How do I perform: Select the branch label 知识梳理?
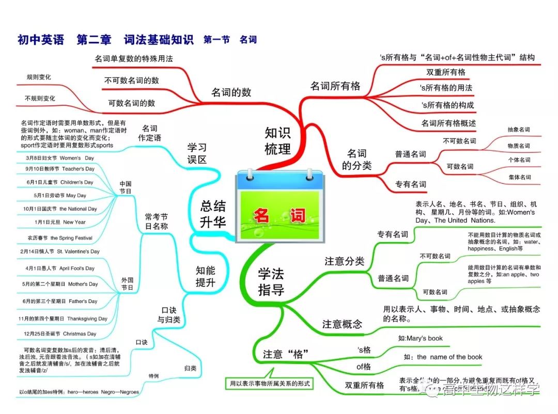pos(278,141)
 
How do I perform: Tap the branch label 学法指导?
pos(271,281)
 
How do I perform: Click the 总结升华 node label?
pos(213,214)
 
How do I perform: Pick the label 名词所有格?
pos(335,86)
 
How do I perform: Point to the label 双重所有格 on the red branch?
pos(445,72)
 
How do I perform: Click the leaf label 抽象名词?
pos(518,130)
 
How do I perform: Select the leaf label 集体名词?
pos(518,177)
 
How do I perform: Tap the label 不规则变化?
pos(40,98)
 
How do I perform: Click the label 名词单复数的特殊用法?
pos(133,59)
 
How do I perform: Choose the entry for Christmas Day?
pos(60,333)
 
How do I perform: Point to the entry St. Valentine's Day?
pos(60,251)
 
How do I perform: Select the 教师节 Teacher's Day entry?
pos(60,169)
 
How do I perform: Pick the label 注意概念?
pos(342,324)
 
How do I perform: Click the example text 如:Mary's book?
pos(420,339)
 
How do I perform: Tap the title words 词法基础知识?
pos(159,39)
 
